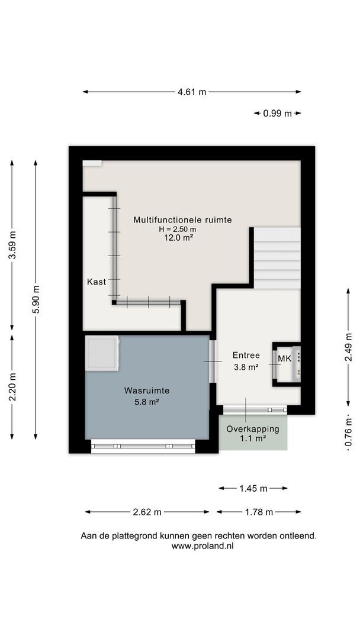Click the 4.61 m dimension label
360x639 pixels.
[192, 92]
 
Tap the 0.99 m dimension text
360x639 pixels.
[277, 114]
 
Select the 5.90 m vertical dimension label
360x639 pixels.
[36, 299]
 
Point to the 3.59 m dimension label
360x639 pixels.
[12, 244]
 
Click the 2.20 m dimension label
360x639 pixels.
[12, 387]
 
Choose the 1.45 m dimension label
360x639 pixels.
[253, 488]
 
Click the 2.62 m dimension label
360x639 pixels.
[147, 512]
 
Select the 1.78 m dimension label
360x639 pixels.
[258, 512]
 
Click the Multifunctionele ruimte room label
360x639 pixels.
[182, 220]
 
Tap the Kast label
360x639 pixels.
[97, 282]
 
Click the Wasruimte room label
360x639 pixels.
[147, 390]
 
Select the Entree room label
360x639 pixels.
[246, 355]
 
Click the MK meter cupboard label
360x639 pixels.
[284, 359]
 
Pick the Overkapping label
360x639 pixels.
[253, 429]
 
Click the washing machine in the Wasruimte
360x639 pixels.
[102, 353]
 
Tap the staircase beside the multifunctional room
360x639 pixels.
[277, 258]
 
